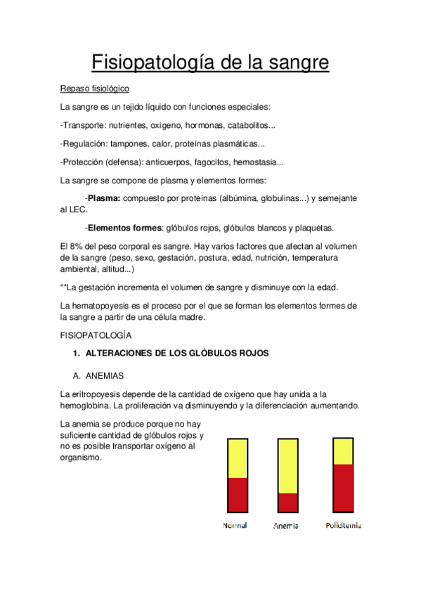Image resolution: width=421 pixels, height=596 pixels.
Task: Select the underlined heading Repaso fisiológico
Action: [x=95, y=89]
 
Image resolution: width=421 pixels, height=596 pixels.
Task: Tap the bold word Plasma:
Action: [x=104, y=199]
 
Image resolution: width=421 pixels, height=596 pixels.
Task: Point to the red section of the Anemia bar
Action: [x=288, y=503]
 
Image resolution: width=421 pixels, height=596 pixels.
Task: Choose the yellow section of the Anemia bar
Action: [x=288, y=465]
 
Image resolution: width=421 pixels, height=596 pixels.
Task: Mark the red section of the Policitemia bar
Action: [x=342, y=488]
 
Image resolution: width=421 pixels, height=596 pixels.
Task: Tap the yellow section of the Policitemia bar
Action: [x=342, y=451]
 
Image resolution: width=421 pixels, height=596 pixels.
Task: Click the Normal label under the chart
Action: [x=235, y=526]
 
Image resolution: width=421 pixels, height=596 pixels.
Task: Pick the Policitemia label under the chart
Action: [x=344, y=526]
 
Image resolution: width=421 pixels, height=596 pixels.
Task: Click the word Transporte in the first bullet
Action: [x=84, y=126]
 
